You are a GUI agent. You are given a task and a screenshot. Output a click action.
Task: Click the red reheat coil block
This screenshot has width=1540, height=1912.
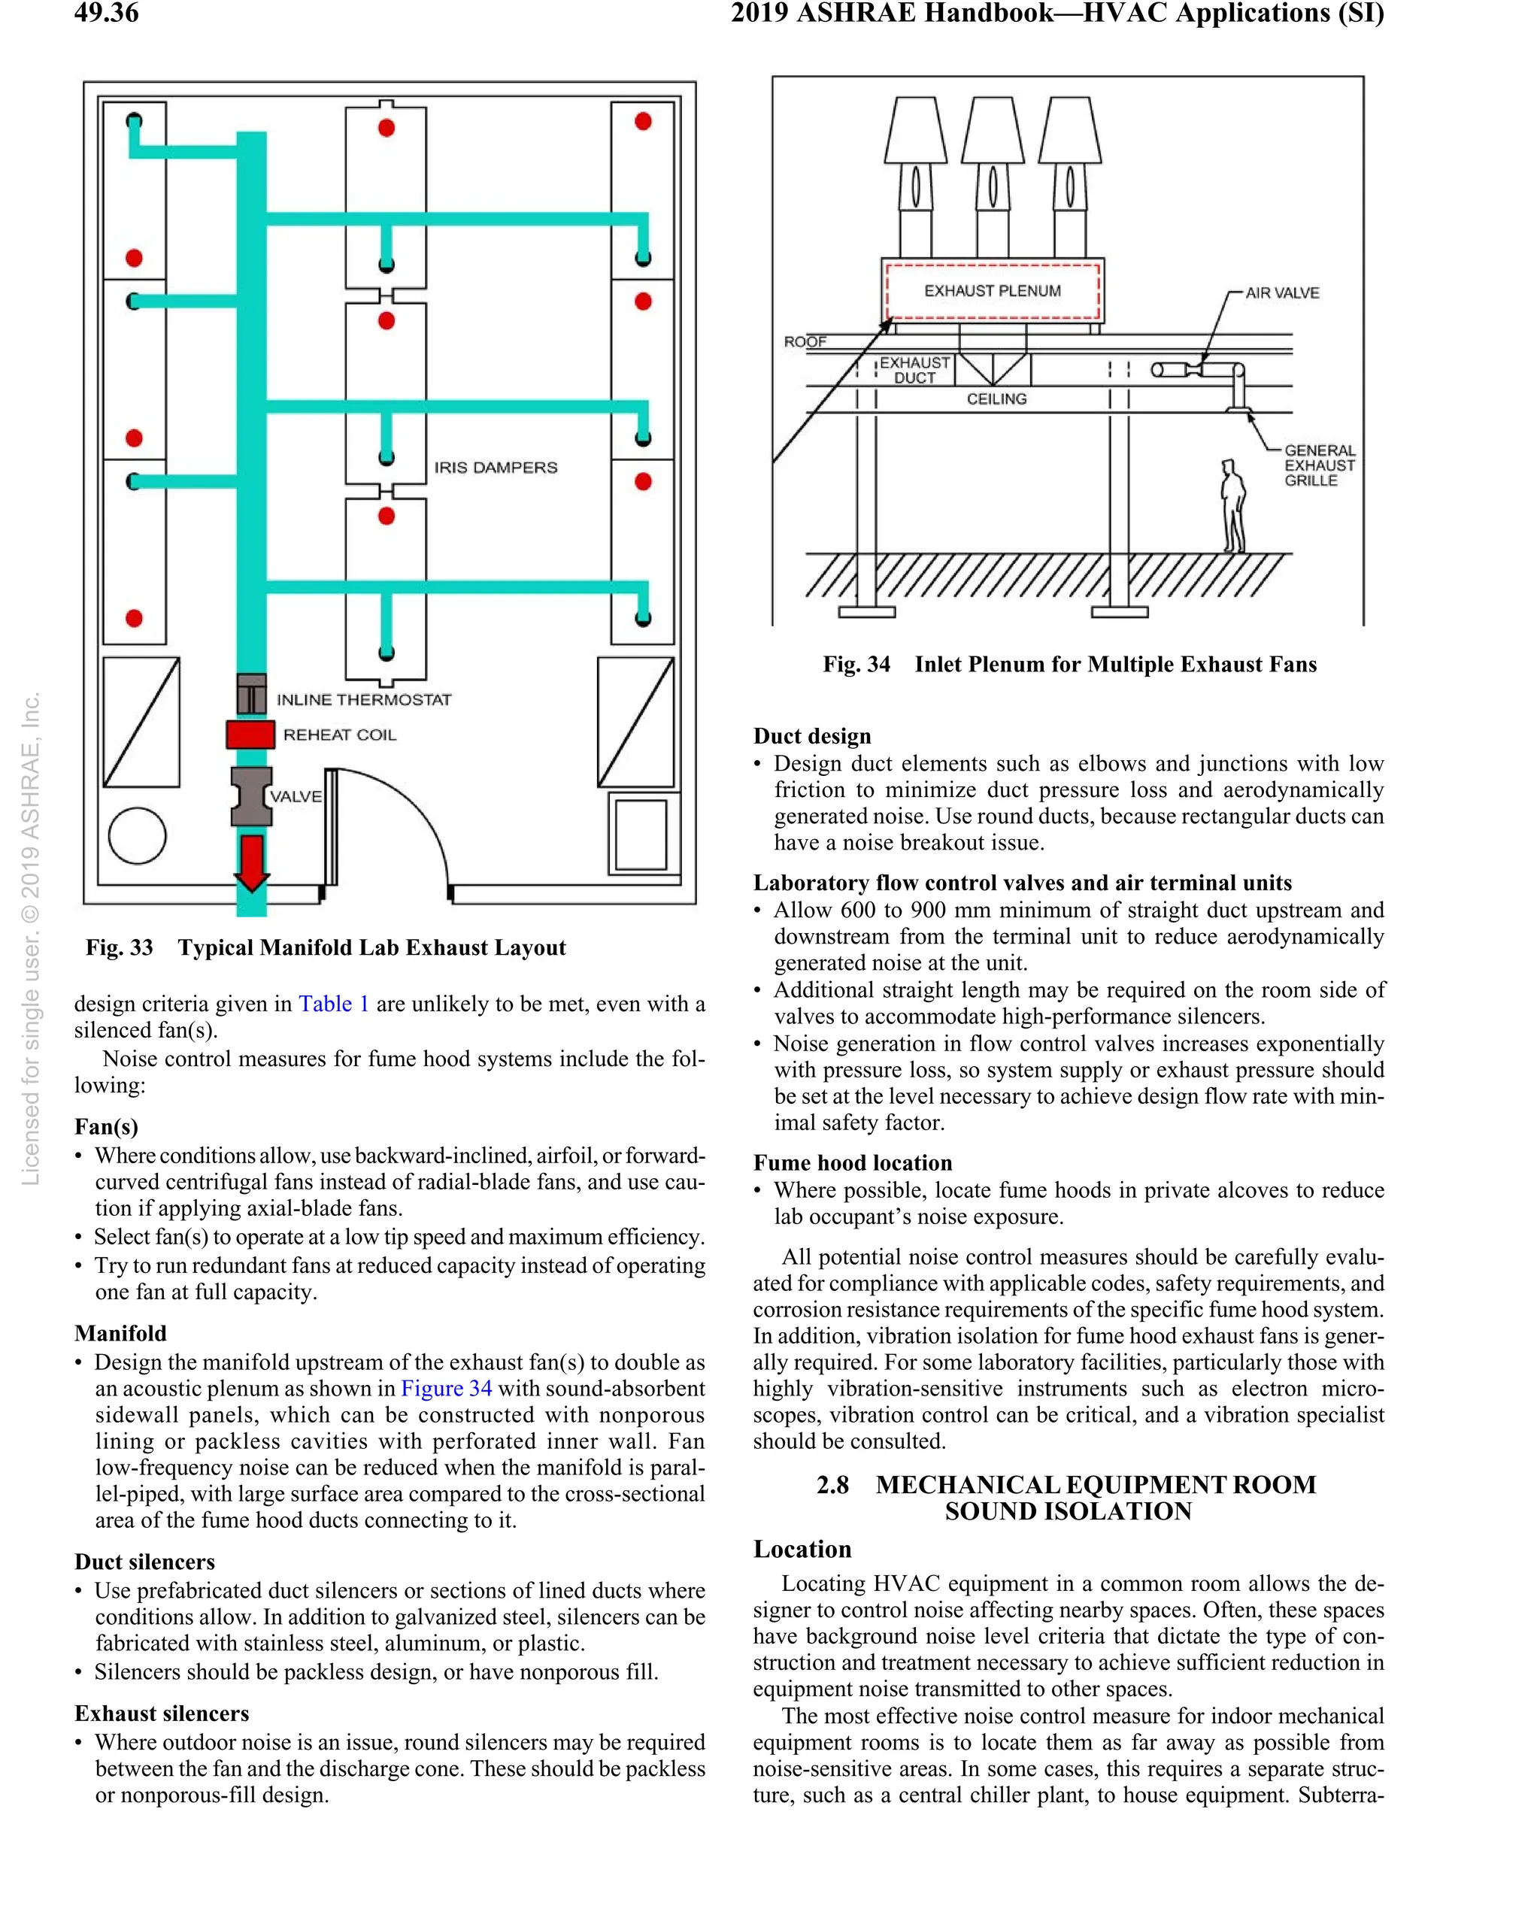(250, 735)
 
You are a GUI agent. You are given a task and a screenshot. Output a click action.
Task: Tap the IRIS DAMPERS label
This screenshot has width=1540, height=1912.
(495, 468)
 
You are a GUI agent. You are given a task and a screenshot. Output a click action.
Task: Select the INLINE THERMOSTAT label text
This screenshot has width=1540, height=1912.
(364, 700)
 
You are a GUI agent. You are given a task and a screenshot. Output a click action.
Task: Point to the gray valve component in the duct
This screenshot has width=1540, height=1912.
(252, 796)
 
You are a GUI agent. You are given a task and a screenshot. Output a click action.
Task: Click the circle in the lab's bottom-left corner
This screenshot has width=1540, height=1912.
(137, 835)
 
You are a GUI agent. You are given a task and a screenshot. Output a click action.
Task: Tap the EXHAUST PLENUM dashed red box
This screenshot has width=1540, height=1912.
(992, 291)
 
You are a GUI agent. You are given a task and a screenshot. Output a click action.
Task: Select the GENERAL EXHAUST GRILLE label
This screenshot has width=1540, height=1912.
(1318, 465)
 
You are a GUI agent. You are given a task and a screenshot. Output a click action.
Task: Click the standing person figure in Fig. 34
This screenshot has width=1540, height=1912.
(1232, 506)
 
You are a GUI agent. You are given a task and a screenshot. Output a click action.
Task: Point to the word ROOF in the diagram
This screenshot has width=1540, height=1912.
(805, 342)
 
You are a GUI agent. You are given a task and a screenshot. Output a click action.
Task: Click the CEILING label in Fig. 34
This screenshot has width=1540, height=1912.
(996, 399)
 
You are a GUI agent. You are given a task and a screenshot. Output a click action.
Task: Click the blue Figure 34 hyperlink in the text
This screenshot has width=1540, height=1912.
(446, 1389)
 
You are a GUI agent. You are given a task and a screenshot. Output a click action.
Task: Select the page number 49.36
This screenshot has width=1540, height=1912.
(107, 14)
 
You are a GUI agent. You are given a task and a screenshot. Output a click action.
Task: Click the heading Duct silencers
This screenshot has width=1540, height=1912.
(144, 1562)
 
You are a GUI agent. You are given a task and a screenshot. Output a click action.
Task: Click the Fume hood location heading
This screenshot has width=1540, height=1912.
(852, 1162)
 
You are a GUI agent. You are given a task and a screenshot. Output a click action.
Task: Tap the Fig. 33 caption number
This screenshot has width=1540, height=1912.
(120, 948)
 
